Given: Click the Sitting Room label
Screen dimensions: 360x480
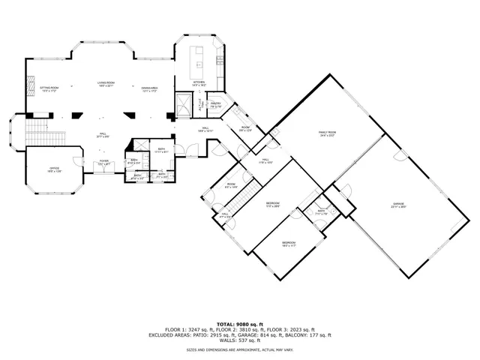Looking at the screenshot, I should [x=48, y=89].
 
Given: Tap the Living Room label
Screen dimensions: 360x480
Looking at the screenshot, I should [x=104, y=84].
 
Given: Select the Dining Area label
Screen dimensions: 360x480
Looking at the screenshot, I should [x=150, y=89].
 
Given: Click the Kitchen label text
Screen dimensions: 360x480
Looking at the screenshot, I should [x=199, y=84].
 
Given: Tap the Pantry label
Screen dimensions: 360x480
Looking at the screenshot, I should [x=215, y=105].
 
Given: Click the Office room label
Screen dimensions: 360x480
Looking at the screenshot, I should [x=55, y=169].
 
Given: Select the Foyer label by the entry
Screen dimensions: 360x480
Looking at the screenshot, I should [x=104, y=161].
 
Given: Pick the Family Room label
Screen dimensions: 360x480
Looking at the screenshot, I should [x=327, y=133].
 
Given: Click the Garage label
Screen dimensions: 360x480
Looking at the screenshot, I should [x=397, y=205].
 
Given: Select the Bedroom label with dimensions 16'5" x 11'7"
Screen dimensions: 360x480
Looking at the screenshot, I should [x=289, y=244].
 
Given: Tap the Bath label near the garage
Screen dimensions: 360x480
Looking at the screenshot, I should [x=321, y=212].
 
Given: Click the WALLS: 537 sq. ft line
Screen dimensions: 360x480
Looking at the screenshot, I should [x=239, y=340].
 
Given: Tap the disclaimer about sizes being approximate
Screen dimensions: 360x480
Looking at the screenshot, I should [x=239, y=349].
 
